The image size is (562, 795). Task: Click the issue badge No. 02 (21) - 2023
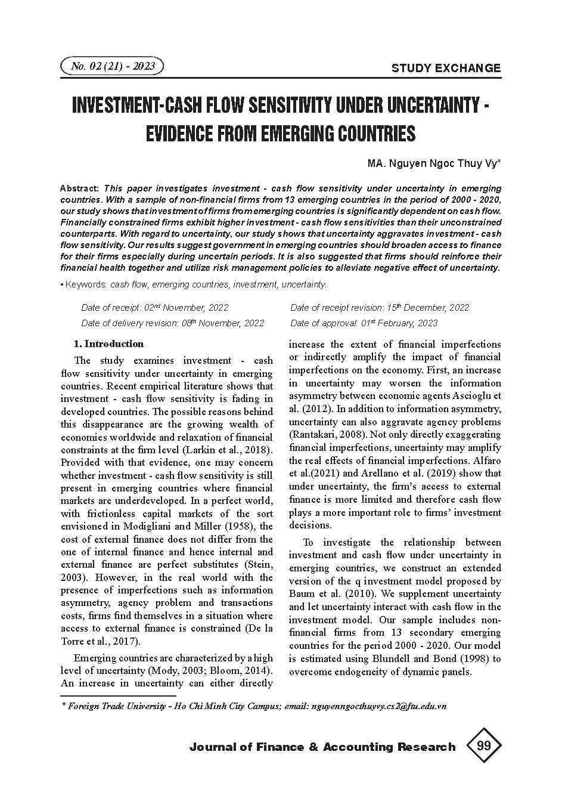click(112, 66)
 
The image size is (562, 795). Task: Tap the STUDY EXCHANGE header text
click(446, 68)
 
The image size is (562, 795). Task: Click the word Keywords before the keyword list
click(86, 284)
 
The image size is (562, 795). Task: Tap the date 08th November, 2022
click(223, 323)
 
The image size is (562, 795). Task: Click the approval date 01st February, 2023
click(399, 323)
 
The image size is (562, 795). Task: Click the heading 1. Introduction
click(108, 344)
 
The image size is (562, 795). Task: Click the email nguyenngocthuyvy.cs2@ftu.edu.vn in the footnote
click(378, 706)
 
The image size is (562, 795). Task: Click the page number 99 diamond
click(483, 746)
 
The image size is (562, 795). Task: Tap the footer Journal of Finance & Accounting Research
click(322, 747)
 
